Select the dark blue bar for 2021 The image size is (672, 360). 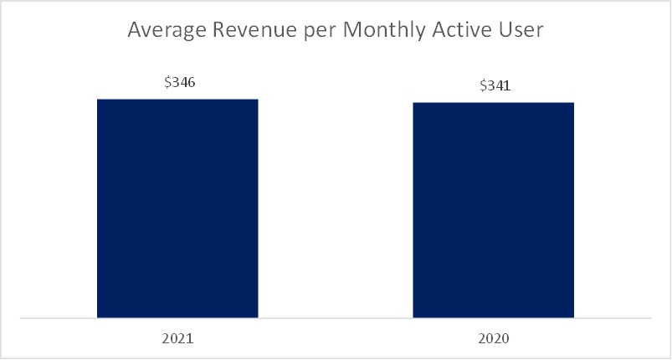177,208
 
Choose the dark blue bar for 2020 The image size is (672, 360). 493,210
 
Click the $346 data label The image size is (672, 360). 180,82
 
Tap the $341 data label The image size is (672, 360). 495,85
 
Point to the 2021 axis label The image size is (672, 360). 177,338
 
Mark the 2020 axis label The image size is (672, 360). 493,338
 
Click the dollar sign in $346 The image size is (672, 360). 167,82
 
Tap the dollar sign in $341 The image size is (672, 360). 484,85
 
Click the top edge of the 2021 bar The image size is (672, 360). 177,100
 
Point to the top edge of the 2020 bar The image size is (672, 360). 493,103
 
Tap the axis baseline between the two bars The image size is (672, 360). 336,318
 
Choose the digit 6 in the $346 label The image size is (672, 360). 191,82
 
